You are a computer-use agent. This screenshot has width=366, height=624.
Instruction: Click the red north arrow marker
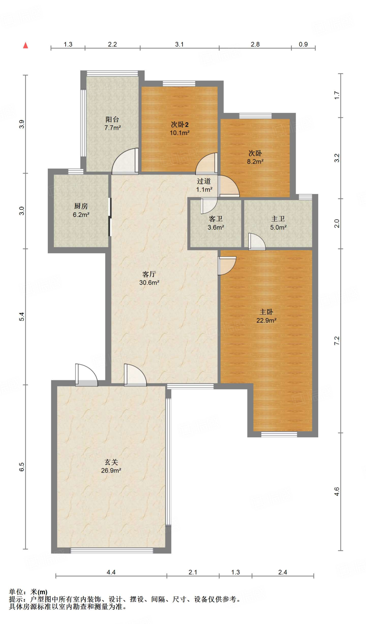click(x=26, y=45)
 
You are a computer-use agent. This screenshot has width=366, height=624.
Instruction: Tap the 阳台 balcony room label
click(x=112, y=119)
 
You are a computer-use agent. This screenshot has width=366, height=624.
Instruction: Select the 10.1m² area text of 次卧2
click(x=180, y=133)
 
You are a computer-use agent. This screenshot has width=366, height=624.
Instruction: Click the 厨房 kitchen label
click(x=81, y=206)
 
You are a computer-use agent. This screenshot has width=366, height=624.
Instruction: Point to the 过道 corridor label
click(x=204, y=181)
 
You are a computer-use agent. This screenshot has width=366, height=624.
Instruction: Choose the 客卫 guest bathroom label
click(x=216, y=219)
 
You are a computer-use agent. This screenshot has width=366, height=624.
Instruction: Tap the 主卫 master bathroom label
click(x=278, y=219)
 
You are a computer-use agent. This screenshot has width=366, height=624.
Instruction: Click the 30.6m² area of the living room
click(x=149, y=283)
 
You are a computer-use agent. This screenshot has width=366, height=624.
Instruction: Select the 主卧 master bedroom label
click(x=266, y=312)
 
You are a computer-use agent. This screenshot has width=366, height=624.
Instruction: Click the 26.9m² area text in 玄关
click(x=111, y=470)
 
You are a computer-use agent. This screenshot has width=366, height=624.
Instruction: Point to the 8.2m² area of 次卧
click(x=255, y=162)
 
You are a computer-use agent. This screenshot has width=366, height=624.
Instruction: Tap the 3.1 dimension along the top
click(x=179, y=44)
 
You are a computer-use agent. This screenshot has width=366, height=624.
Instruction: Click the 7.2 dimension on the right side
click(x=337, y=341)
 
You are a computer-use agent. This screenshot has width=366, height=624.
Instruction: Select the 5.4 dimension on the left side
click(x=22, y=317)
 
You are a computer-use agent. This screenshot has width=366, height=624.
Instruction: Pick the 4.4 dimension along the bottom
click(x=111, y=572)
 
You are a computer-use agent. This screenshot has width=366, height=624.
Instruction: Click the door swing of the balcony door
click(x=125, y=161)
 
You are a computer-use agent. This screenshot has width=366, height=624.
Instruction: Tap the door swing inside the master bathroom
click(x=257, y=242)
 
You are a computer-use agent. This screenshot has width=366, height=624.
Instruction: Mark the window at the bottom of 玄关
click(x=112, y=550)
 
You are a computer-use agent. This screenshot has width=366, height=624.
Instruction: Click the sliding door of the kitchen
click(x=110, y=217)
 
